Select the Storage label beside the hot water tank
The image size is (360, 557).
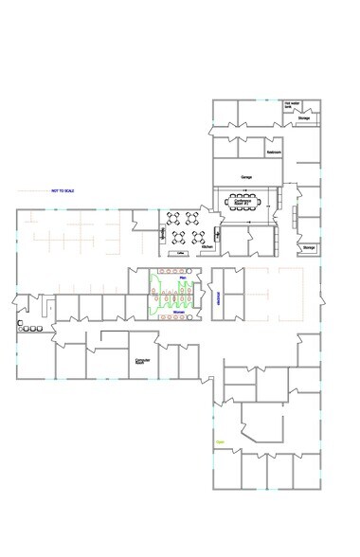pos(303,118)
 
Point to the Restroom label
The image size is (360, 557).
pos(273,151)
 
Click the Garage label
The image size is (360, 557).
pos(246,176)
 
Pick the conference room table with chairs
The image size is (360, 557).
pos(243,202)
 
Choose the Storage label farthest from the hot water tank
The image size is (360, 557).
pos(309,247)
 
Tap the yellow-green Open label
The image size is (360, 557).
pos(220,441)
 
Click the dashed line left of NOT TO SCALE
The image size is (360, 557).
pos(34,191)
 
